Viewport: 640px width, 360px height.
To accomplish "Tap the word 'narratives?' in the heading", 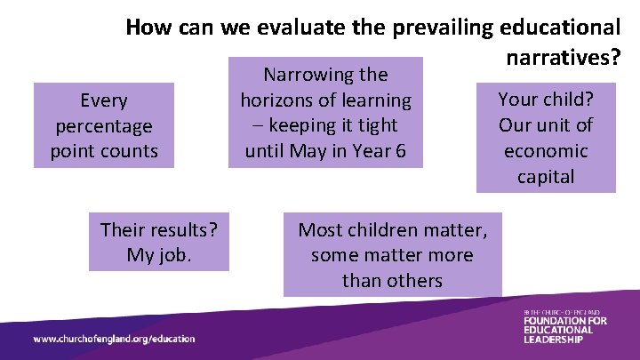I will [x=562, y=58].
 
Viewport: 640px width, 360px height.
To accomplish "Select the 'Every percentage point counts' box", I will [x=103, y=125].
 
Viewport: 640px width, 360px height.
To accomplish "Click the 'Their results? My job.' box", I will [x=158, y=243].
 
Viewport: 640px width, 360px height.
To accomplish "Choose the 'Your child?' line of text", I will [x=545, y=99].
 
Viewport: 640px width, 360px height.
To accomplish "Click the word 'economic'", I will [x=546, y=150].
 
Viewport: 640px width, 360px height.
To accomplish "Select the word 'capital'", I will [x=546, y=176].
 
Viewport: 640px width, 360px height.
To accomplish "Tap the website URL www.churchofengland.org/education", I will [x=114, y=339].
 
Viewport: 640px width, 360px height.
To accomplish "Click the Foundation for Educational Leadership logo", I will [x=564, y=326].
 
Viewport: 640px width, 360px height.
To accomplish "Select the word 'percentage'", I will [x=103, y=126].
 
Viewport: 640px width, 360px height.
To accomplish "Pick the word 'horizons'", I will [x=273, y=100].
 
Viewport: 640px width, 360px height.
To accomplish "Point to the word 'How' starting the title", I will [x=146, y=28].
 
